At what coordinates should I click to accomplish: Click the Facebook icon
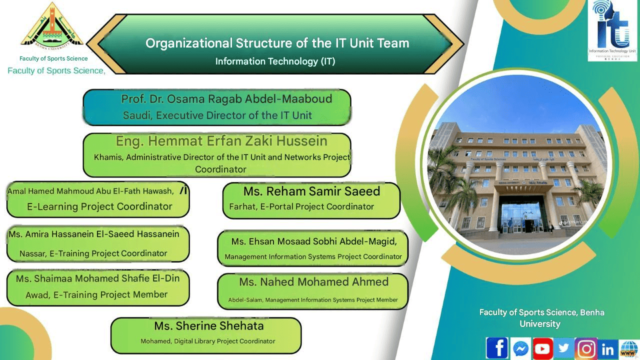coord(497,348)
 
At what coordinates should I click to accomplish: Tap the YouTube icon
coord(542,348)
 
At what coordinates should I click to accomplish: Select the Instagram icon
coord(586,348)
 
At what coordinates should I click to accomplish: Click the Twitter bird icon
coord(564,348)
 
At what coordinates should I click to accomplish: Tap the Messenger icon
coord(520,348)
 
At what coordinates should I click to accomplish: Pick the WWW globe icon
coord(628,349)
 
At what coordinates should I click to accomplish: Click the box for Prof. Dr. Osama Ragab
coord(217,107)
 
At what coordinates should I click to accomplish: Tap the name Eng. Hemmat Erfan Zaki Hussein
coord(221,141)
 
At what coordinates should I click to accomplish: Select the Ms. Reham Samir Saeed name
coord(311,191)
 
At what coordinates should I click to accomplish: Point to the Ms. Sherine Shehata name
coord(209,326)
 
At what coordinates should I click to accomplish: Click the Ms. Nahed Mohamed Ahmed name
coord(313,282)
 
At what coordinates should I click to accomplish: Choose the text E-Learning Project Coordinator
coord(99,206)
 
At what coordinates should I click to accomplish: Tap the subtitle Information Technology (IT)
coord(275,61)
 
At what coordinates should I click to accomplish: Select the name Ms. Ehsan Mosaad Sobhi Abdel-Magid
coord(314,241)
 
